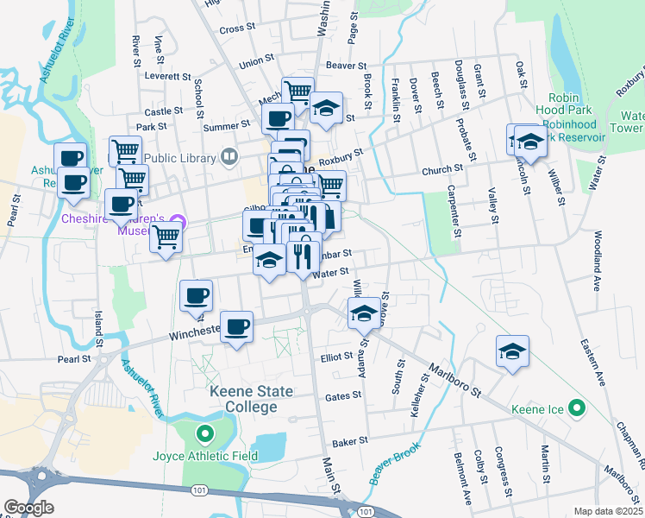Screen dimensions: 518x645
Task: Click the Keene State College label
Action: coord(252,399)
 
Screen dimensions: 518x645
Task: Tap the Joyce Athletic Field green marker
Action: coord(204,434)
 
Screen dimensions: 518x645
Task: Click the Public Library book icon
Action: coord(229,156)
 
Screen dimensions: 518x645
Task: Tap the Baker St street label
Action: coord(351,439)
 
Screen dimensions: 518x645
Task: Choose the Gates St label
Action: coord(343,397)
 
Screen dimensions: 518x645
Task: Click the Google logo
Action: coord(28,508)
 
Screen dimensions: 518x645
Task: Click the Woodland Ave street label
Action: coord(597,258)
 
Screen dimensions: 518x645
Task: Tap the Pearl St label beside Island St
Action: coord(74,358)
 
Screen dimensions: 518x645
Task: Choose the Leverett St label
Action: coord(168,76)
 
